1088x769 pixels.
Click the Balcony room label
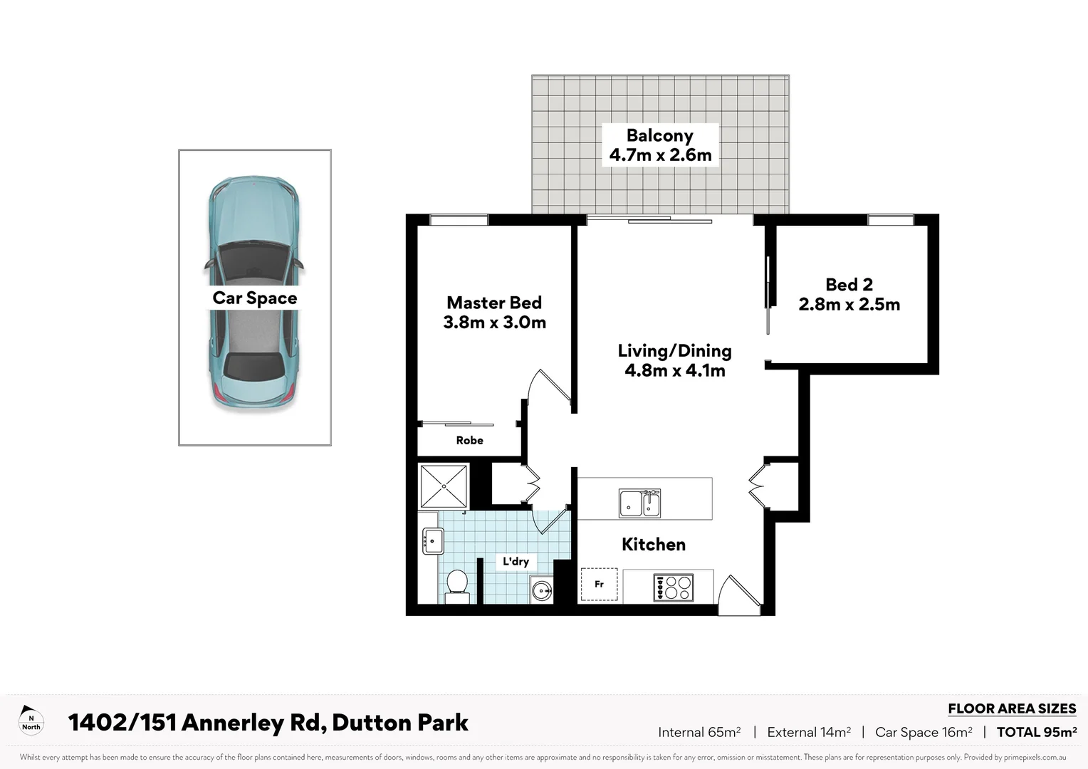[x=659, y=135]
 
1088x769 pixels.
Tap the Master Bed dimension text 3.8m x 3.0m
[x=494, y=323]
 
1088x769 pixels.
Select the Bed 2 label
[x=849, y=285]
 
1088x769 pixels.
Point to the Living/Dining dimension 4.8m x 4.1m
[x=674, y=370]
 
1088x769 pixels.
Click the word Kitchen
[x=653, y=545]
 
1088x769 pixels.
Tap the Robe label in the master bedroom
[x=469, y=441]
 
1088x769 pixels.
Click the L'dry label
[x=516, y=561]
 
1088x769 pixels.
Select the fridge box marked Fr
[x=599, y=585]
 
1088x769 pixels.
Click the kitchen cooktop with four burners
[x=673, y=587]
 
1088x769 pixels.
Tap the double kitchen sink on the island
[x=639, y=503]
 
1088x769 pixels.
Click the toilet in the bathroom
[x=456, y=585]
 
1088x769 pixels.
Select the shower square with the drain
[x=444, y=486]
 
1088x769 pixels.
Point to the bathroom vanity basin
[x=433, y=541]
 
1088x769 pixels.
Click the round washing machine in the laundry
[x=542, y=590]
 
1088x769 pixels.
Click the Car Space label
[x=254, y=298]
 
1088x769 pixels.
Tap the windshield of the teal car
[x=254, y=257]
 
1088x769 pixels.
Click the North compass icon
[x=31, y=721]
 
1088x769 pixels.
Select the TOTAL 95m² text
[x=1036, y=732]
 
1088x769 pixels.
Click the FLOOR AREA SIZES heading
[x=1011, y=708]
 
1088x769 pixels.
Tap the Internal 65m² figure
[x=699, y=732]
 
